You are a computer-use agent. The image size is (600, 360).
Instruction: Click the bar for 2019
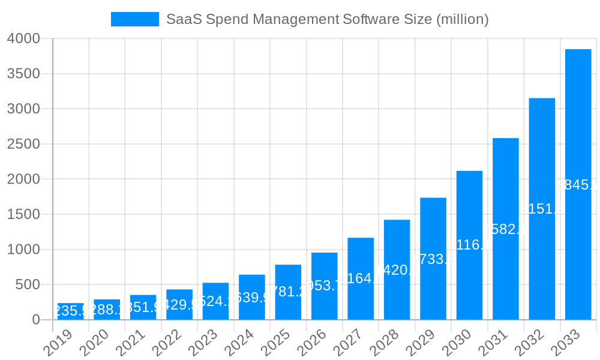[71, 312]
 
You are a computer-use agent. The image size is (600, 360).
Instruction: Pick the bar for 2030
[469, 245]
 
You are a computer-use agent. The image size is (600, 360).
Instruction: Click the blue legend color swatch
[135, 19]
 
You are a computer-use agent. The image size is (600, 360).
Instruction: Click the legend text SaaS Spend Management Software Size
[327, 19]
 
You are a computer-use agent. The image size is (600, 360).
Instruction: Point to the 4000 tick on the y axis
[23, 39]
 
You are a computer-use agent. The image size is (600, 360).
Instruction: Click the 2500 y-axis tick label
[23, 145]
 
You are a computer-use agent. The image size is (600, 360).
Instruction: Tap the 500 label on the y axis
[28, 285]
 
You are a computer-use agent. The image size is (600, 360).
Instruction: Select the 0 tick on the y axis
[36, 320]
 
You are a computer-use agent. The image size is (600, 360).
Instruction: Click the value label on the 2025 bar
[288, 292]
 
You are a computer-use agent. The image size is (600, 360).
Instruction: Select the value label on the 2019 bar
[71, 311]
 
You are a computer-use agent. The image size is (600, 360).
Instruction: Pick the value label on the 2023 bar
[215, 301]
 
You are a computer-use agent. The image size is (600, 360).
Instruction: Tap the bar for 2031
[505, 229]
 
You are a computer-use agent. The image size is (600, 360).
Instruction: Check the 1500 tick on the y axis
[23, 215]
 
